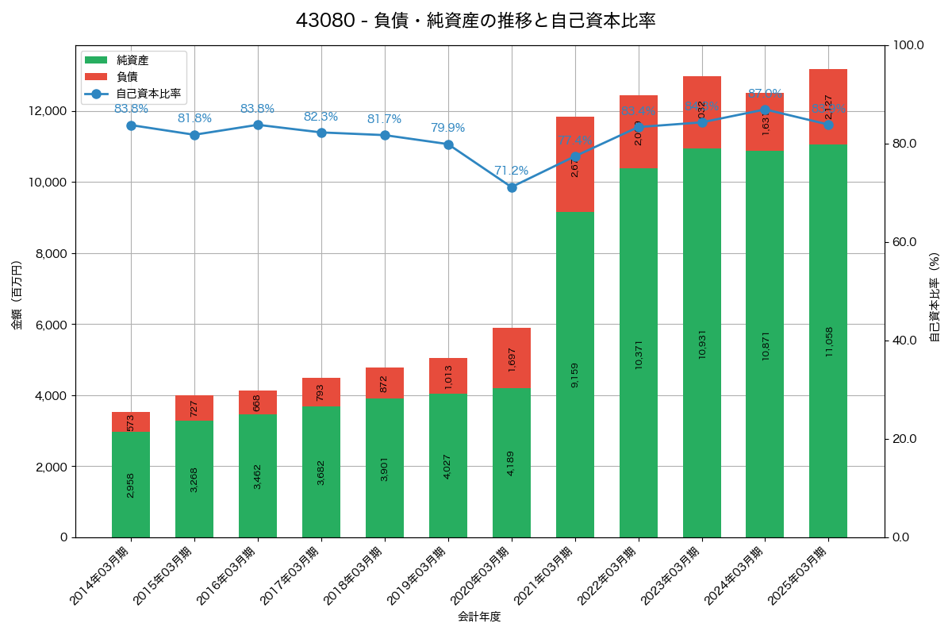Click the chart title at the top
coord(475,21)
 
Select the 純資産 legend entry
coord(132,60)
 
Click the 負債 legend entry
coord(127,77)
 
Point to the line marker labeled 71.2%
coord(512,187)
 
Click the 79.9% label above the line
coord(447,128)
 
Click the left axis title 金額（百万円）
coord(17,295)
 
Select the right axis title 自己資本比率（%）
coord(935,297)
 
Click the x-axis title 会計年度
coord(479,617)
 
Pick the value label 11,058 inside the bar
coord(829,341)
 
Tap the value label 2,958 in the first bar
coord(131,484)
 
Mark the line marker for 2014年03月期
coord(131,125)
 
